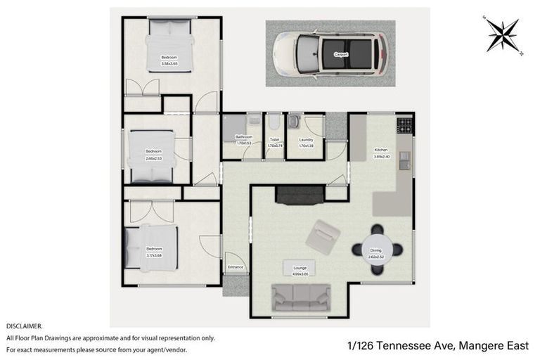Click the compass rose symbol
pyautogui.click(x=501, y=33)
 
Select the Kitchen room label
pyautogui.click(x=381, y=150)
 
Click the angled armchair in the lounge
pyautogui.click(x=323, y=237)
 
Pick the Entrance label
pyautogui.click(x=236, y=267)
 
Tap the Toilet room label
pyautogui.click(x=274, y=140)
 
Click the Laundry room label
pyautogui.click(x=306, y=140)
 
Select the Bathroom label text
pyautogui.click(x=244, y=136)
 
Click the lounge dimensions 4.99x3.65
pyautogui.click(x=300, y=271)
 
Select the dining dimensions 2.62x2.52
pyautogui.click(x=376, y=255)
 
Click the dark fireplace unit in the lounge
pyautogui.click(x=300, y=194)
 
